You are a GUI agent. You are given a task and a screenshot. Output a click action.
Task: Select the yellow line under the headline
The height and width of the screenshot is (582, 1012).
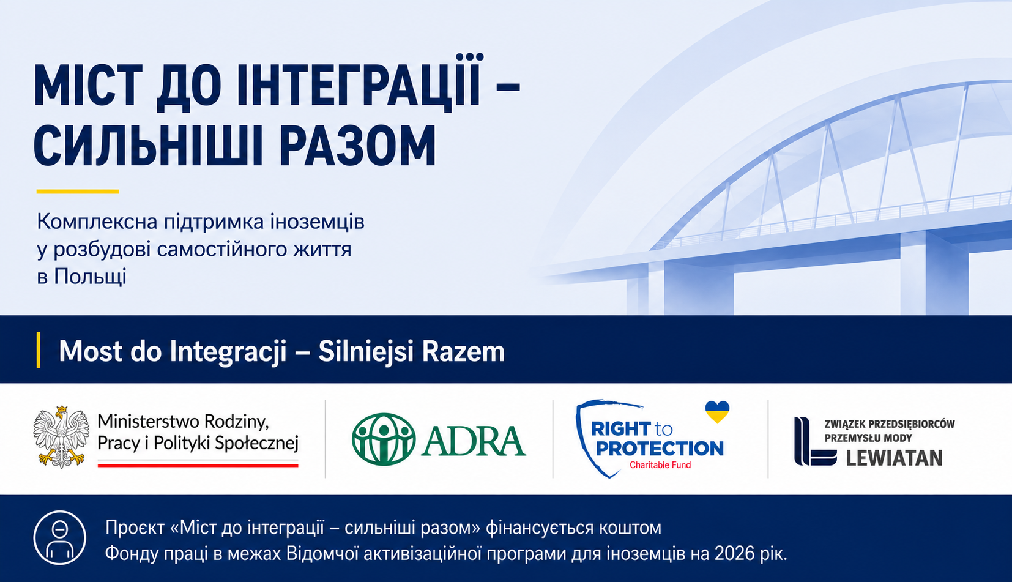(78, 192)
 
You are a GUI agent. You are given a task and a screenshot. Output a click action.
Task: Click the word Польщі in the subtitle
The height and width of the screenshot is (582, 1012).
(90, 277)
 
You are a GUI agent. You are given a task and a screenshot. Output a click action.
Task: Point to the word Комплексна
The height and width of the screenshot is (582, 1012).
(97, 222)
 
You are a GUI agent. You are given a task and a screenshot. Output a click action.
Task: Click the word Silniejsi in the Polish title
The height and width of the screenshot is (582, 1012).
(365, 351)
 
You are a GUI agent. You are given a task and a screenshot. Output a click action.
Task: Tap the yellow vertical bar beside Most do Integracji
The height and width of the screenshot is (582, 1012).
(39, 349)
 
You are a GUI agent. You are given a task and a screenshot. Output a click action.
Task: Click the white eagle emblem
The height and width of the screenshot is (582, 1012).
(61, 436)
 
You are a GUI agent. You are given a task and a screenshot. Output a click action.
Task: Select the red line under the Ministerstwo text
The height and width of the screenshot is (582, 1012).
(198, 465)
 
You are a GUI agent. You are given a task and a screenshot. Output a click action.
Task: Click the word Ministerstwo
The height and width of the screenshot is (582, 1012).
(149, 422)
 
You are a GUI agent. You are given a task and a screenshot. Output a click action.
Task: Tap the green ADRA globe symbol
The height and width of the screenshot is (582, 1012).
(384, 439)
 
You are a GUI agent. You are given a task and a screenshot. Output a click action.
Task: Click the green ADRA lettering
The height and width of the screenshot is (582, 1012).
(474, 441)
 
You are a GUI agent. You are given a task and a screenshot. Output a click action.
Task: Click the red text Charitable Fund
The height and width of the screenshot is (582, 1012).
(660, 465)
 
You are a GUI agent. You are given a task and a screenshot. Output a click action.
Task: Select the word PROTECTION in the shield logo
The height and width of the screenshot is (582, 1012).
(660, 449)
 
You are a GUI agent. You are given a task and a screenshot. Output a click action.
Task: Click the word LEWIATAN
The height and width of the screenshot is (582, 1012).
(894, 458)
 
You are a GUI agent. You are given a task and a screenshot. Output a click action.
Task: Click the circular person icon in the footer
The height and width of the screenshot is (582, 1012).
(59, 538)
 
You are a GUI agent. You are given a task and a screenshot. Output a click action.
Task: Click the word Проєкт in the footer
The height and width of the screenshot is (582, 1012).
(135, 528)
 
